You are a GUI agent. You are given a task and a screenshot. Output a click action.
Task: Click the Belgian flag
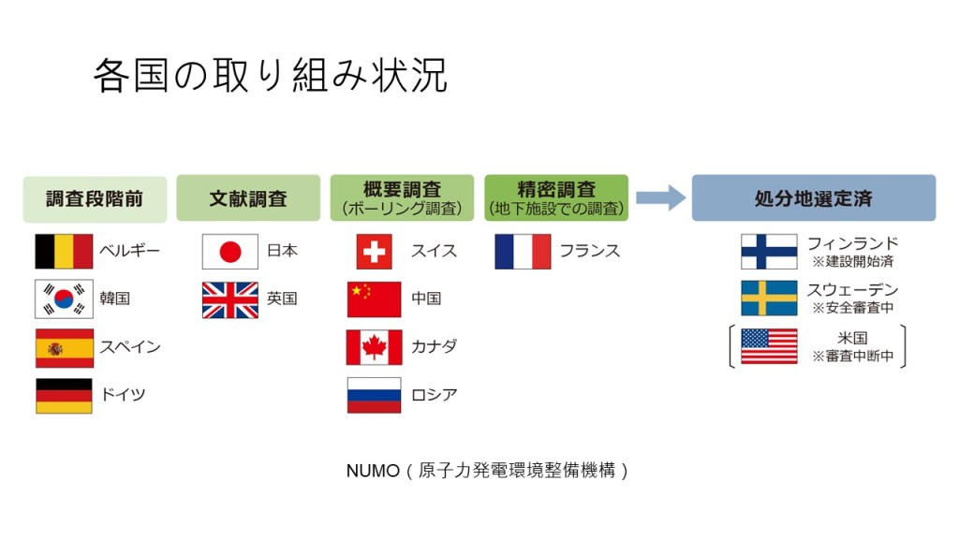(x=65, y=251)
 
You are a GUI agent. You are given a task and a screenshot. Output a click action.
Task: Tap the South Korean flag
(x=65, y=299)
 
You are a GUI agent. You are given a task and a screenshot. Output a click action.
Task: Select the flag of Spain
(x=65, y=348)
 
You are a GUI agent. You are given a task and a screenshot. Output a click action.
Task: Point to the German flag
(x=65, y=396)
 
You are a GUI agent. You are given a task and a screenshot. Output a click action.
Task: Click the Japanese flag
(x=230, y=251)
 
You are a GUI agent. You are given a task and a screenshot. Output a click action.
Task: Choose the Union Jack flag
(x=230, y=300)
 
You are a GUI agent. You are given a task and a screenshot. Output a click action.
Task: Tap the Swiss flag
(x=375, y=251)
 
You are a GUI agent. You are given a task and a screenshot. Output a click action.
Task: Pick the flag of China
(x=375, y=299)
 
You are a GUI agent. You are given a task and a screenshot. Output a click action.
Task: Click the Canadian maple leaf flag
(x=375, y=347)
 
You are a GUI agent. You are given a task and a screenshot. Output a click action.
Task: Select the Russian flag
(x=375, y=395)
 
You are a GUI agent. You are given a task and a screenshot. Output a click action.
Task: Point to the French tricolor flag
(x=523, y=251)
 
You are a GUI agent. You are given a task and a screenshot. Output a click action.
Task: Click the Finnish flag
(x=769, y=251)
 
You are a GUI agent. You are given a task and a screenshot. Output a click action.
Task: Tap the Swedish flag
(x=769, y=299)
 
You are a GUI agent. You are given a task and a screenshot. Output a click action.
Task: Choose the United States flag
(x=769, y=346)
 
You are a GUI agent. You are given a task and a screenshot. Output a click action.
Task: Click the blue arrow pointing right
(x=661, y=197)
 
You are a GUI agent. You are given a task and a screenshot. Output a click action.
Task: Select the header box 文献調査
(x=248, y=198)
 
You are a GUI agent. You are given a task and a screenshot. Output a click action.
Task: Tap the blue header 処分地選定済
(x=814, y=198)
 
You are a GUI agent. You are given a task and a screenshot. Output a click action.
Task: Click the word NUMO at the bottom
(x=373, y=471)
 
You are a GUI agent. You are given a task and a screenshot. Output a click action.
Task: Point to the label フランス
(x=590, y=251)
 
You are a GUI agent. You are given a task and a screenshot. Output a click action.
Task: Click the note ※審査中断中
(x=852, y=356)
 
